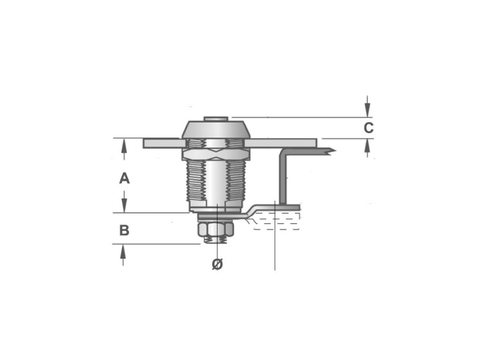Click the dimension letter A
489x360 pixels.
click(124, 178)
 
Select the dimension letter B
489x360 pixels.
click(124, 230)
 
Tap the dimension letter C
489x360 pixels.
click(369, 128)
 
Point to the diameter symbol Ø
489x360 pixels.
click(217, 264)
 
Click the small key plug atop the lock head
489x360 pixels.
click(217, 119)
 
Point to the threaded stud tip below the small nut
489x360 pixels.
click(216, 240)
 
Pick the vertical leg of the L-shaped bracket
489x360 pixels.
click(282, 177)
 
